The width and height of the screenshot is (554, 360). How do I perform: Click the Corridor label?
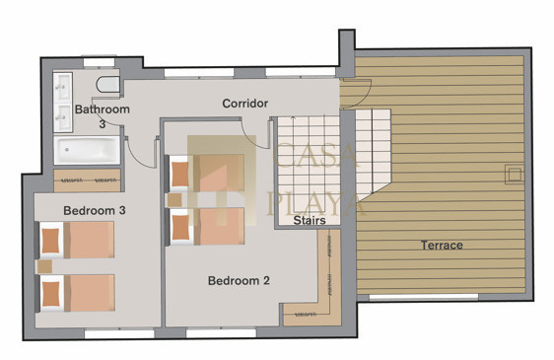[244, 104]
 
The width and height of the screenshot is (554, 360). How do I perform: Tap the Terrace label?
[442, 245]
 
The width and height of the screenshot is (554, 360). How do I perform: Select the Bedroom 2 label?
[239, 281]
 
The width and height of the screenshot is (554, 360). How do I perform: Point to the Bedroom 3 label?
[95, 210]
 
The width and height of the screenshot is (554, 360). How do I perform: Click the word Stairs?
[310, 220]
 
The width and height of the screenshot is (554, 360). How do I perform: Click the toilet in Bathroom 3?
[107, 85]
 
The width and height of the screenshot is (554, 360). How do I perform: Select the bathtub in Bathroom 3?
[87, 150]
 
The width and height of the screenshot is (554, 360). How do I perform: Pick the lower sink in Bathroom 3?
[63, 117]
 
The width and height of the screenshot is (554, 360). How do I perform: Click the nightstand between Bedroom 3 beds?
[45, 266]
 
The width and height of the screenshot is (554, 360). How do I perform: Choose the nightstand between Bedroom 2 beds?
[174, 200]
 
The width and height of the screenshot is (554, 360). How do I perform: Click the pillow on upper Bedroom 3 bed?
[50, 241]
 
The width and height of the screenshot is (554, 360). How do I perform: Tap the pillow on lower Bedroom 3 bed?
[50, 294]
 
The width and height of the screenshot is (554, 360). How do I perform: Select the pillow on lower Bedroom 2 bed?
[180, 227]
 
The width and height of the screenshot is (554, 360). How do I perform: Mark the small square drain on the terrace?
[514, 175]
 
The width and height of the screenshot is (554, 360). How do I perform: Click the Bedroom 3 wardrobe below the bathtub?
[88, 180]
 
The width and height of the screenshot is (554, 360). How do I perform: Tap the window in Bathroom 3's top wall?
[99, 62]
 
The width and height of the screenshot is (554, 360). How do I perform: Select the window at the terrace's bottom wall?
[424, 298]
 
